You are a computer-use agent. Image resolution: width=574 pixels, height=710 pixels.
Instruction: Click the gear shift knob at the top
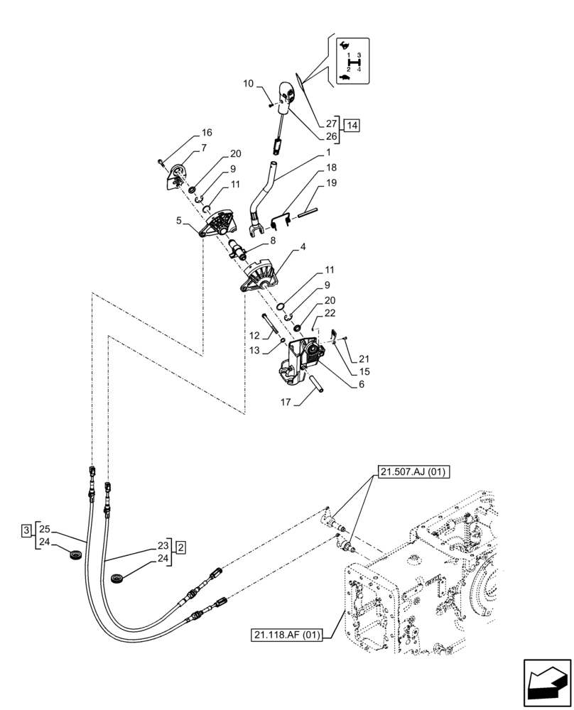pos(287,94)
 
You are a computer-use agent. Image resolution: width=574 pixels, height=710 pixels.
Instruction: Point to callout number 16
pos(207,133)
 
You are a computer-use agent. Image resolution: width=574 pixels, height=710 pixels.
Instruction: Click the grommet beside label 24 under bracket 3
pos(75,555)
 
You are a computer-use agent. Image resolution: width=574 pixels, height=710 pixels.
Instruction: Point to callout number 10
pos(249,84)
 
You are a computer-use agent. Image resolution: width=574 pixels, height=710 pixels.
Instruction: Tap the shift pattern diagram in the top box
pos(351,62)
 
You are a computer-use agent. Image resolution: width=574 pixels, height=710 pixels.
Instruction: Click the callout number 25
pos(44,530)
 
